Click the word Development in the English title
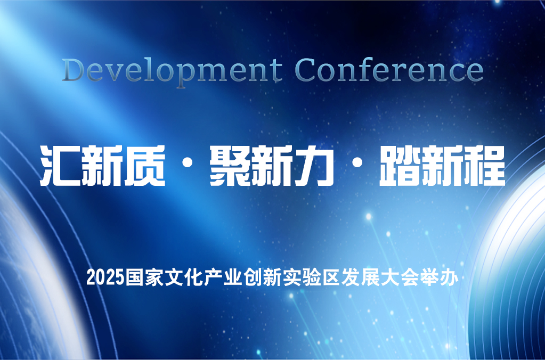pyautogui.click(x=173, y=71)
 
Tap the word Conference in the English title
pyautogui.click(x=389, y=70)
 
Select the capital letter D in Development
pyautogui.click(x=74, y=70)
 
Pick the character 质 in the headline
pyautogui.click(x=144, y=166)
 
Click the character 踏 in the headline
pyautogui.click(x=400, y=166)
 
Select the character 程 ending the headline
pyautogui.click(x=484, y=166)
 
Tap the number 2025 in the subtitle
pyautogui.click(x=105, y=278)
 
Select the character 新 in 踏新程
pyautogui.click(x=442, y=166)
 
